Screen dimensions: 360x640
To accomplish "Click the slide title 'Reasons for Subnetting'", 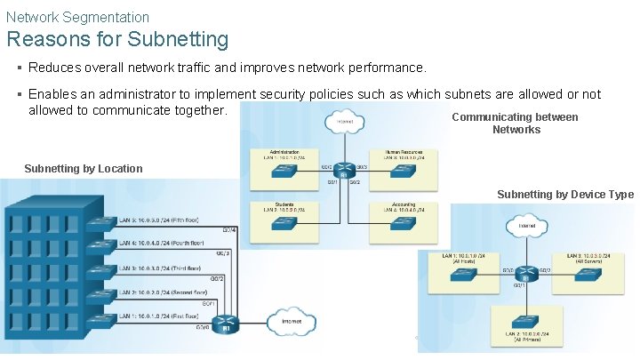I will [x=117, y=40].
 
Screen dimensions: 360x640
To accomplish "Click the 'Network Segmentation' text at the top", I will [x=77, y=17].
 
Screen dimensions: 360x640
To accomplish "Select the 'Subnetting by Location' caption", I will [x=84, y=169].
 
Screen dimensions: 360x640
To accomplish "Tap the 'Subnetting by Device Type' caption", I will [x=564, y=195].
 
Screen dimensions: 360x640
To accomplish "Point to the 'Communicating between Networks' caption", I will [x=516, y=124].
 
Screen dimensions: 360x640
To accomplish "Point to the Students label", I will [x=284, y=204].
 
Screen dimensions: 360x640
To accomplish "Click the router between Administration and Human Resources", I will [x=343, y=169].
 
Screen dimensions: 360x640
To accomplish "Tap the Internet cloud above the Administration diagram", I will [x=341, y=123].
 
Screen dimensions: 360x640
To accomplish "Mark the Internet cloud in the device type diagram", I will [x=526, y=228].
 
